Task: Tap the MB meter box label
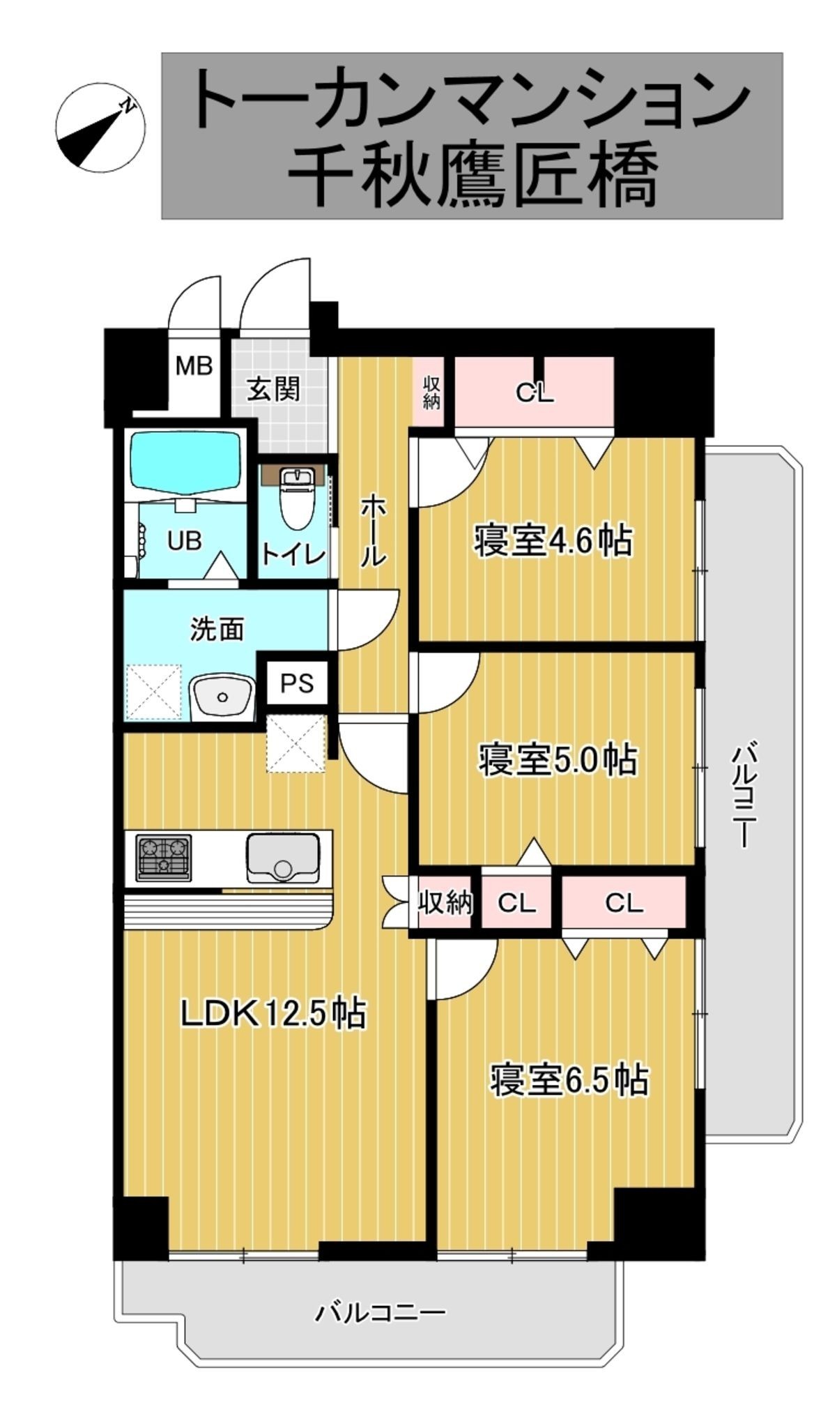pyautogui.click(x=194, y=365)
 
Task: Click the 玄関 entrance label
pyautogui.click(x=275, y=389)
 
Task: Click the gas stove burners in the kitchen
pyautogui.click(x=164, y=857)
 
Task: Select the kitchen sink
pyautogui.click(x=283, y=858)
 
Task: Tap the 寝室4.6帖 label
pyautogui.click(x=553, y=541)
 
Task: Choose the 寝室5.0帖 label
pyautogui.click(x=558, y=760)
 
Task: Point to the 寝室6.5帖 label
pyautogui.click(x=569, y=1079)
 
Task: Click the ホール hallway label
pyautogui.click(x=372, y=530)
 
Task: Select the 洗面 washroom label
pyautogui.click(x=217, y=630)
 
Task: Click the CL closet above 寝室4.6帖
pyautogui.click(x=535, y=392)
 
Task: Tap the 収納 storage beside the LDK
pyautogui.click(x=445, y=903)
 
